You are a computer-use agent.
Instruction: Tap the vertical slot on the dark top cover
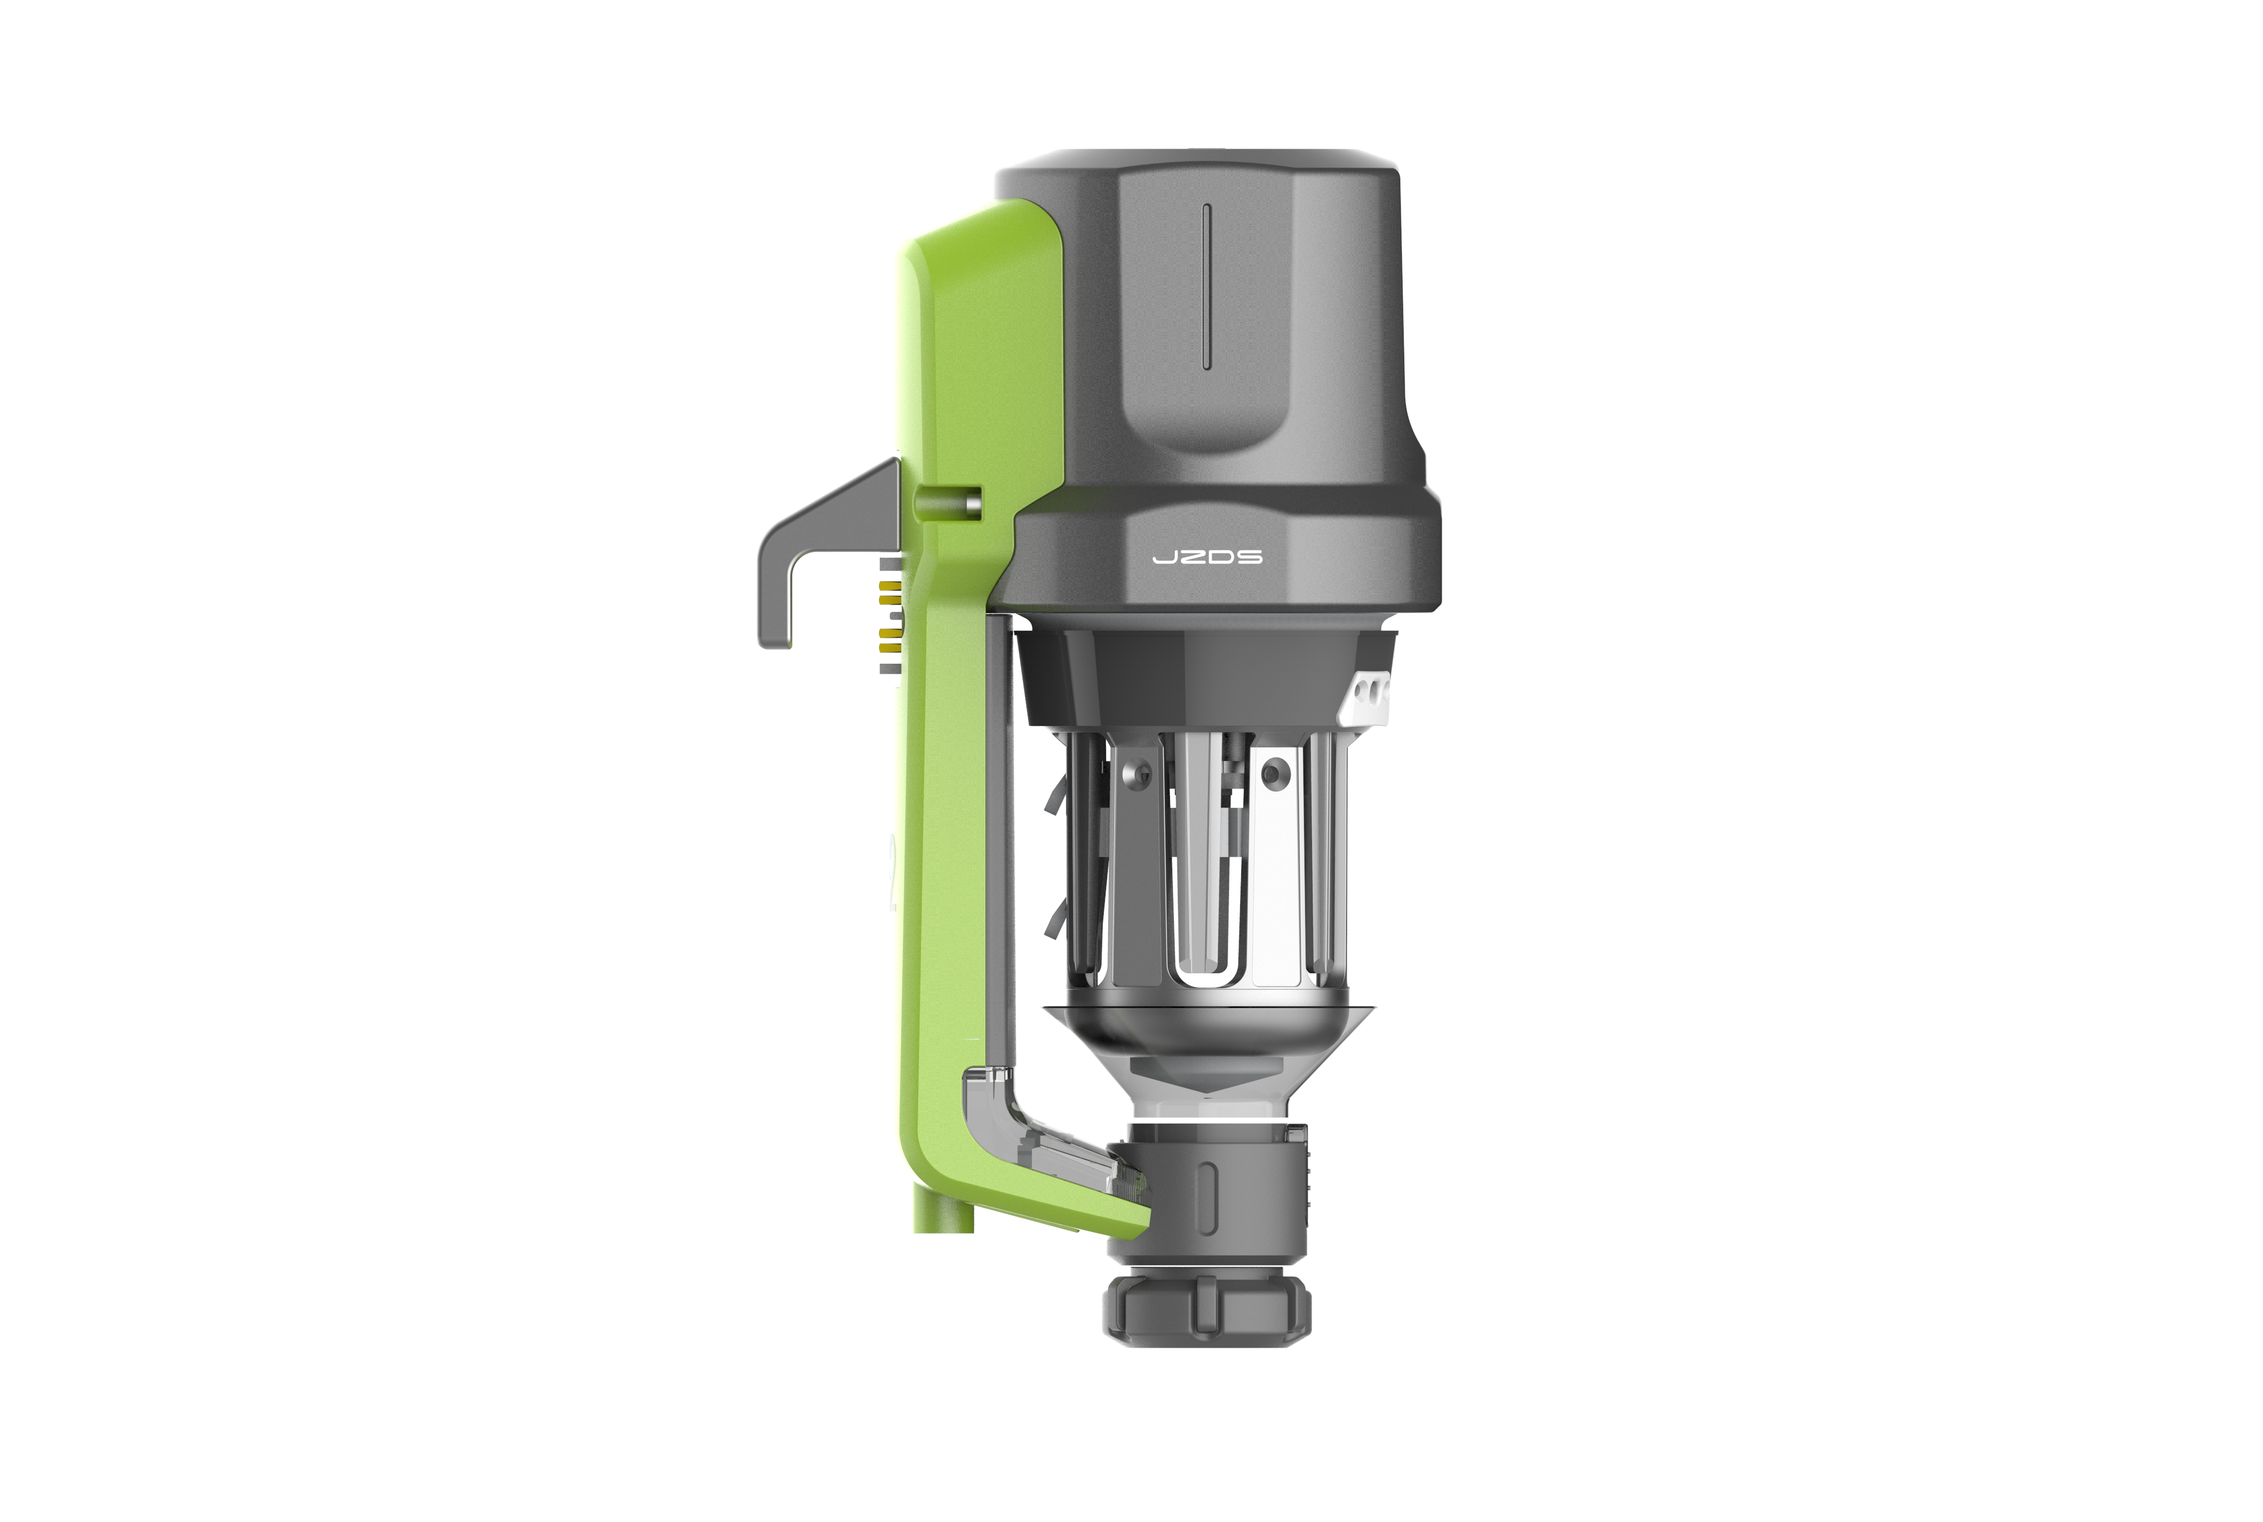click(1206, 286)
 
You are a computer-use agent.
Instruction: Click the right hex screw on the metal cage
click(1271, 773)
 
